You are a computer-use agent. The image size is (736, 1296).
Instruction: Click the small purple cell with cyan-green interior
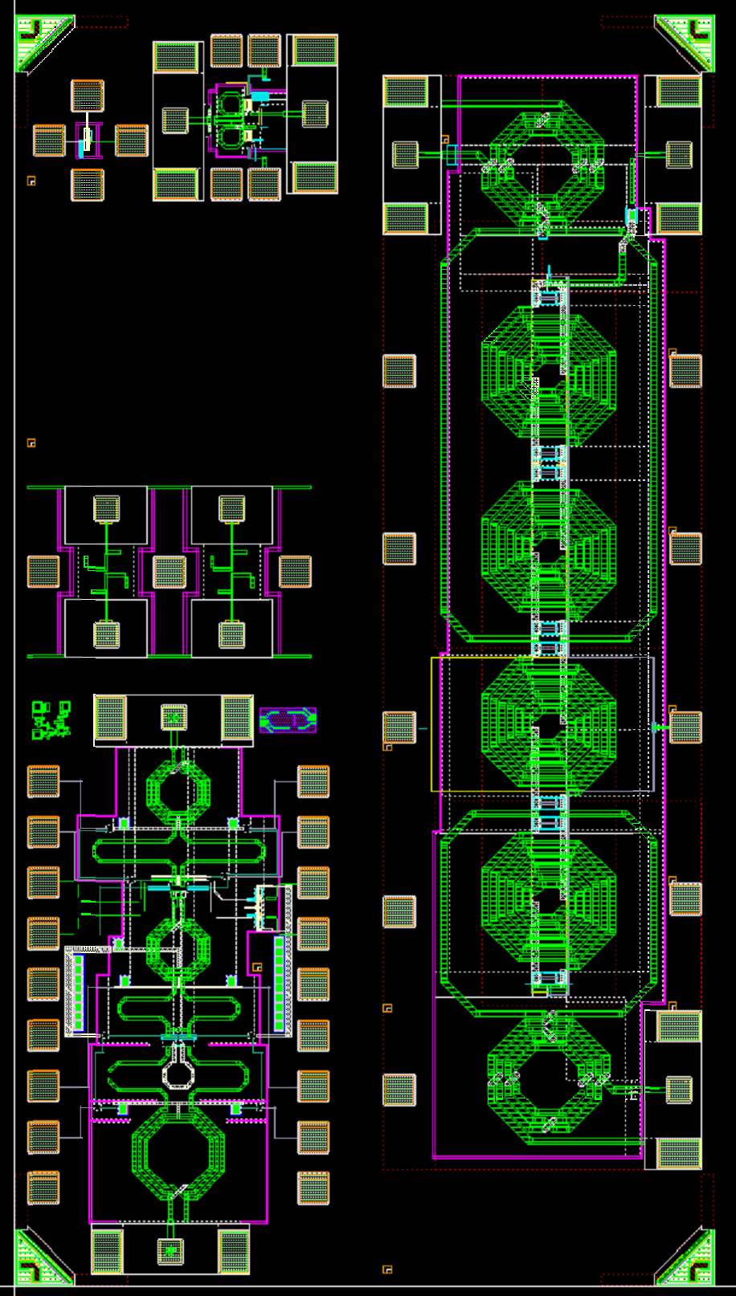click(288, 720)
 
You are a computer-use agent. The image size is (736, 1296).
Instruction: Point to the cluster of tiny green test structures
click(51, 719)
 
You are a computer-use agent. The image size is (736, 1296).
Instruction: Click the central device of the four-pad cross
click(87, 141)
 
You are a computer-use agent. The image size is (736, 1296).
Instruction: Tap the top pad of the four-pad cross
click(87, 96)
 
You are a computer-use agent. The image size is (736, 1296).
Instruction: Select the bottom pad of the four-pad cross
click(87, 185)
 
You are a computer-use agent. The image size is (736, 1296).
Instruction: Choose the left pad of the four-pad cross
click(49, 141)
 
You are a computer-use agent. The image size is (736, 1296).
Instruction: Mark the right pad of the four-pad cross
click(131, 141)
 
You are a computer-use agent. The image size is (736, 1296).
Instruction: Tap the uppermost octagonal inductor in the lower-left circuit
click(178, 792)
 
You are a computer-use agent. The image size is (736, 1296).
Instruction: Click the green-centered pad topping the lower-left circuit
click(174, 717)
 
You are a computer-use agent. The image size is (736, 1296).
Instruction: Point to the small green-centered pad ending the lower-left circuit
click(170, 1250)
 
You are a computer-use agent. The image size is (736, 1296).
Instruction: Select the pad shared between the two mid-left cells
click(170, 572)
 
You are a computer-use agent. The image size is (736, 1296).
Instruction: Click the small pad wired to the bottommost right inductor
click(679, 1090)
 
